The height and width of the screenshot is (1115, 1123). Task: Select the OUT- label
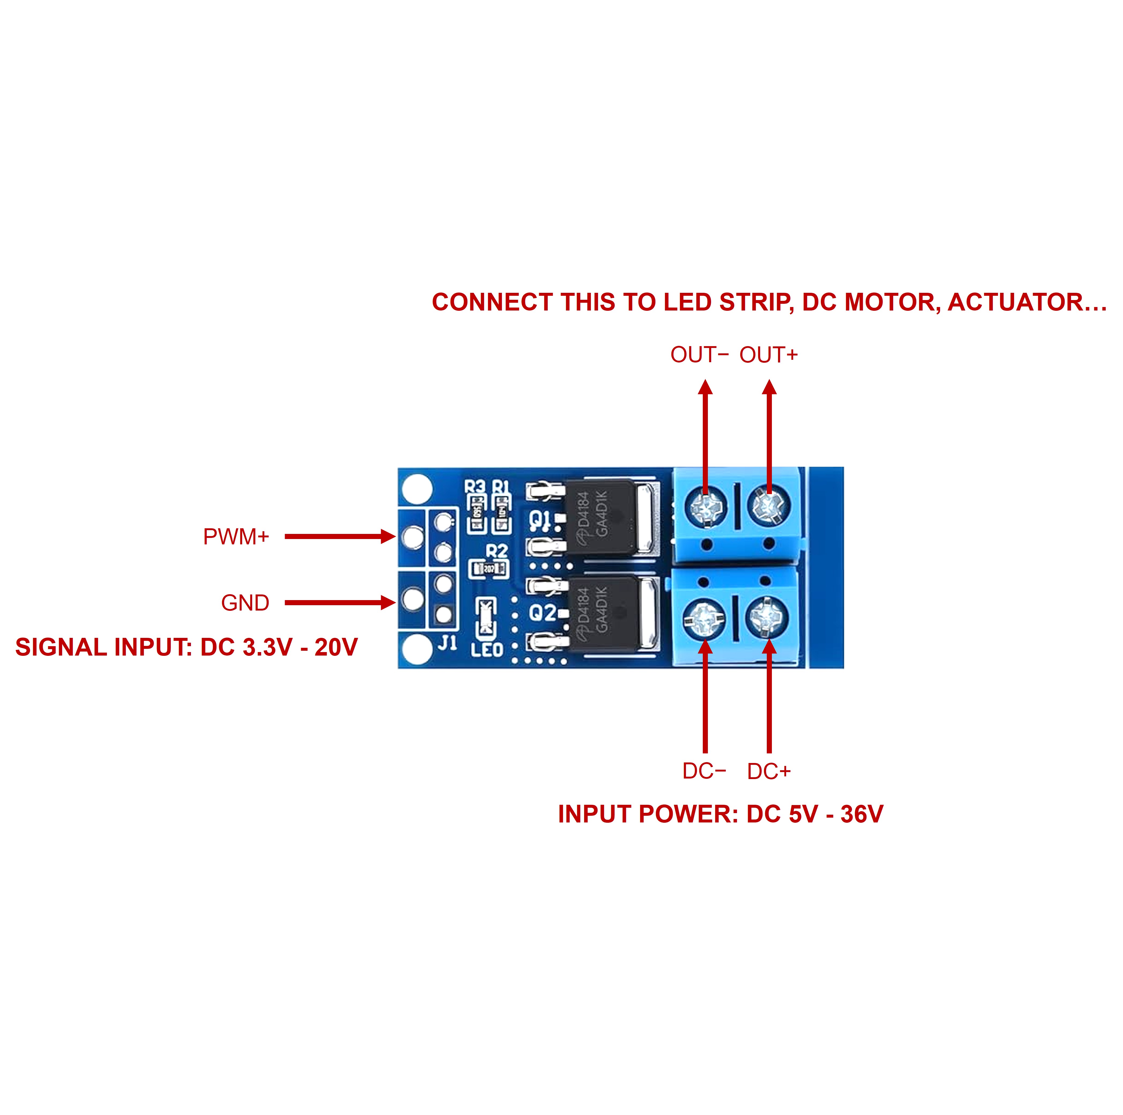tap(699, 355)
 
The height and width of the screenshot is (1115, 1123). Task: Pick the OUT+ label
tap(768, 355)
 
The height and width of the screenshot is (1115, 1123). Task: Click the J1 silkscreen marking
tap(448, 643)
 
